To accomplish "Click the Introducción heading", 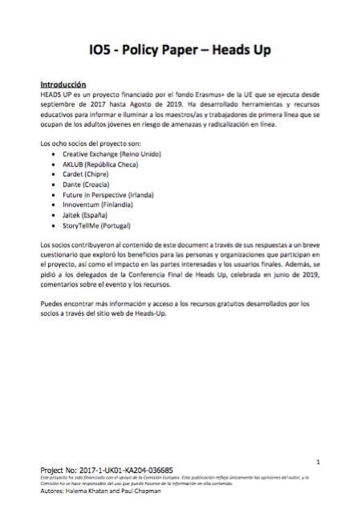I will (63, 84).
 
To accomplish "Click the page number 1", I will (318, 462).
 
